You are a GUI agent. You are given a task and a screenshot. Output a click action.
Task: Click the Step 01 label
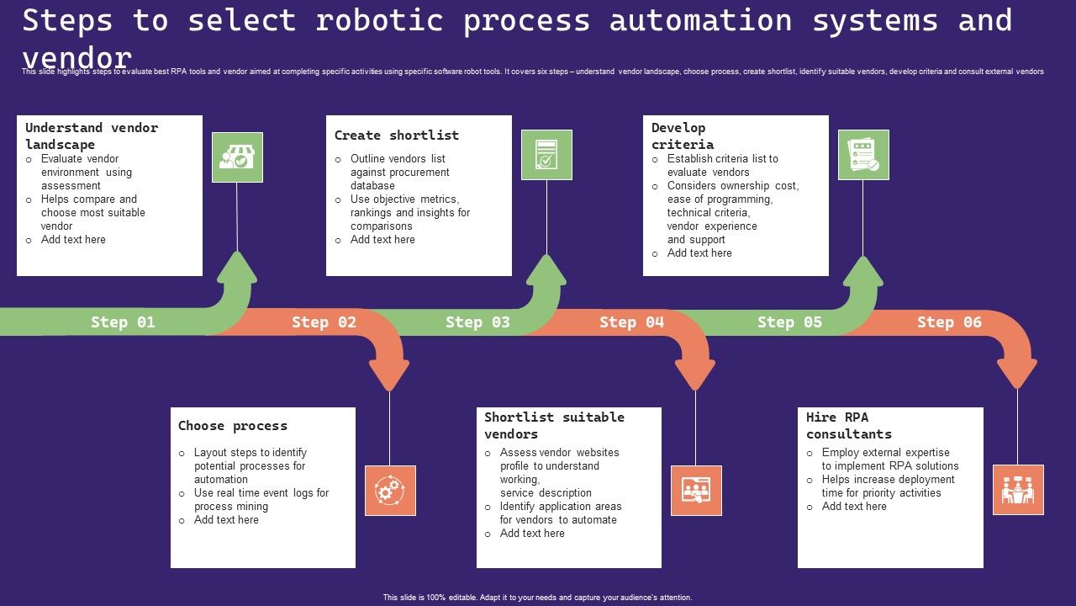[123, 322]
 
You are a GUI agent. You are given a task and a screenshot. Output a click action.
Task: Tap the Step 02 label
[324, 322]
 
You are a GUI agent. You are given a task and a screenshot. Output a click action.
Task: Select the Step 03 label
[477, 322]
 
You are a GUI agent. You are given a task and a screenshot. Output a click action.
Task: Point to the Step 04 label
[631, 322]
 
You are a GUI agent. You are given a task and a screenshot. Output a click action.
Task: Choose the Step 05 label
[789, 322]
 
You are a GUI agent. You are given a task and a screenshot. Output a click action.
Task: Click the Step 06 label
[949, 322]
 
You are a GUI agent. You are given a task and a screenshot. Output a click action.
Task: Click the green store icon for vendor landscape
[237, 157]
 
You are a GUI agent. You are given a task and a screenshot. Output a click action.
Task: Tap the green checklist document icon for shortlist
[546, 155]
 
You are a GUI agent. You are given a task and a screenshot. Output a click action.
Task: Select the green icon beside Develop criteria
[863, 155]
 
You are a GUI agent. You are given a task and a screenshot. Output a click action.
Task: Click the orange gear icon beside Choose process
[390, 490]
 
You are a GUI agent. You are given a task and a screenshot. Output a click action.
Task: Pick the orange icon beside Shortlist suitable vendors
[696, 490]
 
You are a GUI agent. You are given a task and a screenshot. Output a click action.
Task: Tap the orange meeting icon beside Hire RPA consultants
[1018, 490]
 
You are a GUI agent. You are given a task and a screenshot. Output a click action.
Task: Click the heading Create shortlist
[397, 136]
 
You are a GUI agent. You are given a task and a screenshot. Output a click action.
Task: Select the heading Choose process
[233, 426]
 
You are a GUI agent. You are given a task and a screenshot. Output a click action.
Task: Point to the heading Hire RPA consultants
[848, 426]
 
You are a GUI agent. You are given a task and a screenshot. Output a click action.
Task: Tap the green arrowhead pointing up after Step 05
[862, 271]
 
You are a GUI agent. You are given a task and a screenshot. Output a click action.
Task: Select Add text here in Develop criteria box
[699, 253]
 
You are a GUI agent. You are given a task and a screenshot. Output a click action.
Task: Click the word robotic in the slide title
[379, 20]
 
